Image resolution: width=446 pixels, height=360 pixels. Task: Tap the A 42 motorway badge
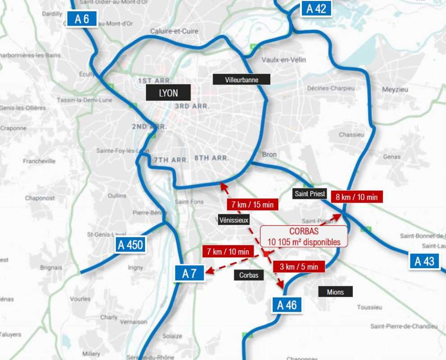[316, 9]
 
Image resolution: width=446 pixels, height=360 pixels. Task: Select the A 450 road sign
[130, 245]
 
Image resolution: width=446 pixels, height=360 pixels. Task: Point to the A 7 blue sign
[190, 273]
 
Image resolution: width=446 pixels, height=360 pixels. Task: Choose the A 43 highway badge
[424, 261]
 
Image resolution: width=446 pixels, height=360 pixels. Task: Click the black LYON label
[168, 94]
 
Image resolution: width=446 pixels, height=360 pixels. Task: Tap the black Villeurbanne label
[241, 80]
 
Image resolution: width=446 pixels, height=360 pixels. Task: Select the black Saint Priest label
[309, 194]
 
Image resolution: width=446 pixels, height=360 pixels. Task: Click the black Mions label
[335, 292]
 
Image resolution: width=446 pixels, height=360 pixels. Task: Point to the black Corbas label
[249, 275]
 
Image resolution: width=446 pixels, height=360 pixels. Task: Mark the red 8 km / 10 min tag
[356, 197]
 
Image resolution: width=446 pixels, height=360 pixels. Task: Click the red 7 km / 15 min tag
[252, 204]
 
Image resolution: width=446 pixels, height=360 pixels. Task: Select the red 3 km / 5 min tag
[299, 266]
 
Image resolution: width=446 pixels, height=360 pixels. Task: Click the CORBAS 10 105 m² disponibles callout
[304, 236]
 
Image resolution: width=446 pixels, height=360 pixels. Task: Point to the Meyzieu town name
[395, 90]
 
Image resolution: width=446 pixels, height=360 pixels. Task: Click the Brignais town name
[51, 267]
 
